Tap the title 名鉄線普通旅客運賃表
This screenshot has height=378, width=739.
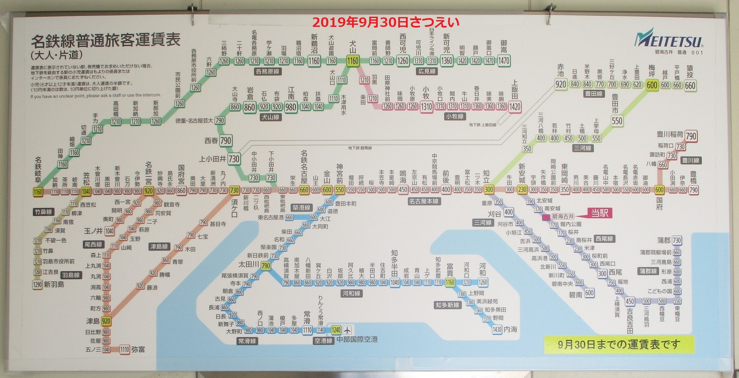(106, 42)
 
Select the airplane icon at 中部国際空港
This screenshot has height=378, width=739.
(347, 330)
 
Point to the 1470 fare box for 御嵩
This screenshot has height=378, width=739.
(503, 61)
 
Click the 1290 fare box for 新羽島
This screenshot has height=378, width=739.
(37, 284)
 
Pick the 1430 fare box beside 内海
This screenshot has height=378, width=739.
(497, 329)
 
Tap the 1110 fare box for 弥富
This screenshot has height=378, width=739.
(125, 349)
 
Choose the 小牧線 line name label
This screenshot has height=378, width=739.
(455, 116)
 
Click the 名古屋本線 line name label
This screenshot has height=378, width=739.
(424, 201)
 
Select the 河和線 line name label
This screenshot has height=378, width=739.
(351, 293)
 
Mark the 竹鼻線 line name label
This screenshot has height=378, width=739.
(44, 212)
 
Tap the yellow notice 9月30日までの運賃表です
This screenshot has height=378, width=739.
(618, 344)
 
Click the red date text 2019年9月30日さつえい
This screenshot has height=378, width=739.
(386, 22)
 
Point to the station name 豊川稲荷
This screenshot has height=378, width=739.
(670, 135)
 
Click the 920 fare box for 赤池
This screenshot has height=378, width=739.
(560, 84)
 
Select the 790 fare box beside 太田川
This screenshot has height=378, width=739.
(266, 266)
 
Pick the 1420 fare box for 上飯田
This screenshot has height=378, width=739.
(515, 107)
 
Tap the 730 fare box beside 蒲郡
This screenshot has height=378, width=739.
(677, 240)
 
